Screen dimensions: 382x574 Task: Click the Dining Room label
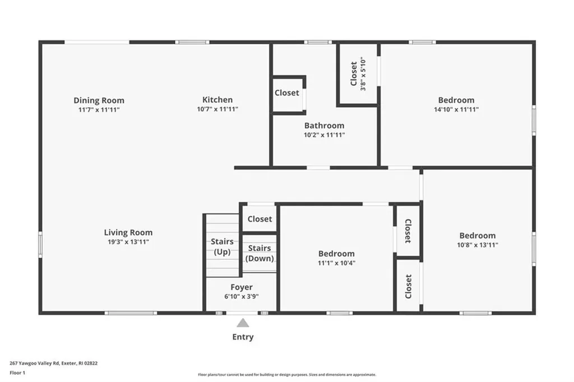tap(99, 100)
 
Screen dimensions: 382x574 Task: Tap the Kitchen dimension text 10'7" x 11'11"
tap(217, 109)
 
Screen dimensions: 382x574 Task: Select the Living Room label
tap(128, 232)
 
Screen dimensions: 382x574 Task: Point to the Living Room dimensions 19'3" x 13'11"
tap(128, 242)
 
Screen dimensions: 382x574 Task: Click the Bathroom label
tap(324, 126)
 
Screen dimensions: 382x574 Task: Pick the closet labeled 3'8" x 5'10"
tap(357, 74)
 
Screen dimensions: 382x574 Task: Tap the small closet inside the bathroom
tap(286, 93)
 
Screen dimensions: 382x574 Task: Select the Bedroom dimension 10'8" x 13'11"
tap(477, 245)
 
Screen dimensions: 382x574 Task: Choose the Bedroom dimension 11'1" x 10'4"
tap(336, 263)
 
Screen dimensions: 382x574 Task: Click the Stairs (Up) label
tap(222, 247)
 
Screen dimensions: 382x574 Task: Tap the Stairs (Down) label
tap(260, 253)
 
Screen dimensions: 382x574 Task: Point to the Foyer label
tap(242, 287)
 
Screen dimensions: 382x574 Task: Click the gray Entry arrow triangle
tap(243, 323)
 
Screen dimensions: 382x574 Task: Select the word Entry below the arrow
tap(243, 337)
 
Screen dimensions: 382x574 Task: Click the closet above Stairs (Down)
tap(260, 219)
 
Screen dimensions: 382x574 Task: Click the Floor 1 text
tap(18, 372)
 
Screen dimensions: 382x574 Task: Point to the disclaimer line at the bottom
tap(286, 375)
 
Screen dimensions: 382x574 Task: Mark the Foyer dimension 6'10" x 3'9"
tap(242, 297)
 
